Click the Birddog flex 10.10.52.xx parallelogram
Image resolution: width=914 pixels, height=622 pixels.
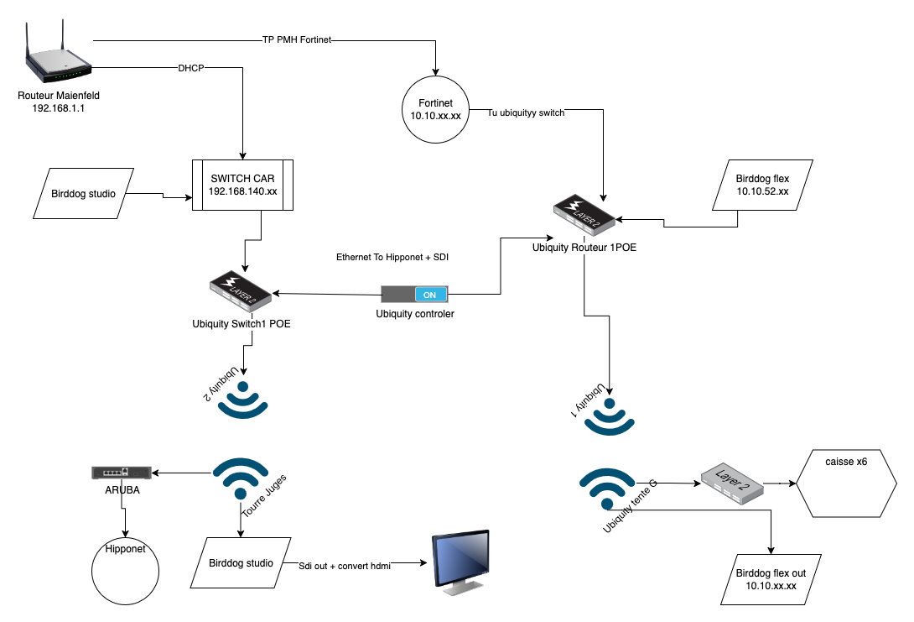click(x=762, y=185)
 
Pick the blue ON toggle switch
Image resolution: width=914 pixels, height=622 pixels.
click(x=415, y=295)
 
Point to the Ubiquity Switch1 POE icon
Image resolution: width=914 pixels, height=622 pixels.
click(x=240, y=290)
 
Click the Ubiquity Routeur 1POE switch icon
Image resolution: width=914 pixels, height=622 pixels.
click(x=585, y=214)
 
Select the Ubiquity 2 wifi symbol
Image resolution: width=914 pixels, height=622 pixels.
click(x=242, y=400)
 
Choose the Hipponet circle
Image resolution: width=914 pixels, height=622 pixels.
click(x=125, y=567)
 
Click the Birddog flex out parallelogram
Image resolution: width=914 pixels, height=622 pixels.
click(x=770, y=578)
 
